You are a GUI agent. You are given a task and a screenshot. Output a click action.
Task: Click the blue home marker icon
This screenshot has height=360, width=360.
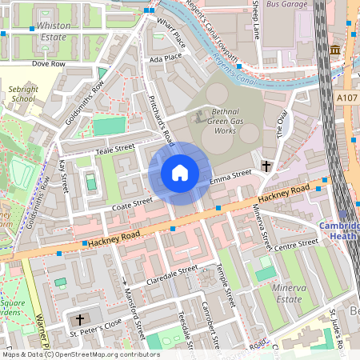click(180, 172)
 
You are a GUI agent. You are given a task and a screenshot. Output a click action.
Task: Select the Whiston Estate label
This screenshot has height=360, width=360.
click(54, 31)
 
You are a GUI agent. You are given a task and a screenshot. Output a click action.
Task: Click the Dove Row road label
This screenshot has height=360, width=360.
click(47, 62)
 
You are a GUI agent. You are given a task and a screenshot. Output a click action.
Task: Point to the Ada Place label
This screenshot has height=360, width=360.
click(165, 58)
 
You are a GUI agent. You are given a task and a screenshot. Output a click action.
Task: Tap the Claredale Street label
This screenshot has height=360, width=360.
click(171, 274)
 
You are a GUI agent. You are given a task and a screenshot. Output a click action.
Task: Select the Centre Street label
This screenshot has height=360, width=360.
click(290, 248)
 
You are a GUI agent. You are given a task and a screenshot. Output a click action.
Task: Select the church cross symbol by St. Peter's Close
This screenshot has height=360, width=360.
click(80, 318)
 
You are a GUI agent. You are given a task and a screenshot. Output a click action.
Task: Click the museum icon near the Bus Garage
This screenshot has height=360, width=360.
click(334, 50)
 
